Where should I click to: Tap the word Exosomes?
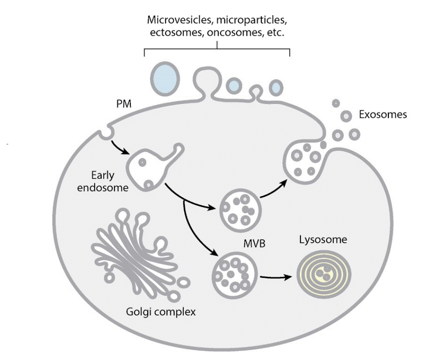tap(382, 115)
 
